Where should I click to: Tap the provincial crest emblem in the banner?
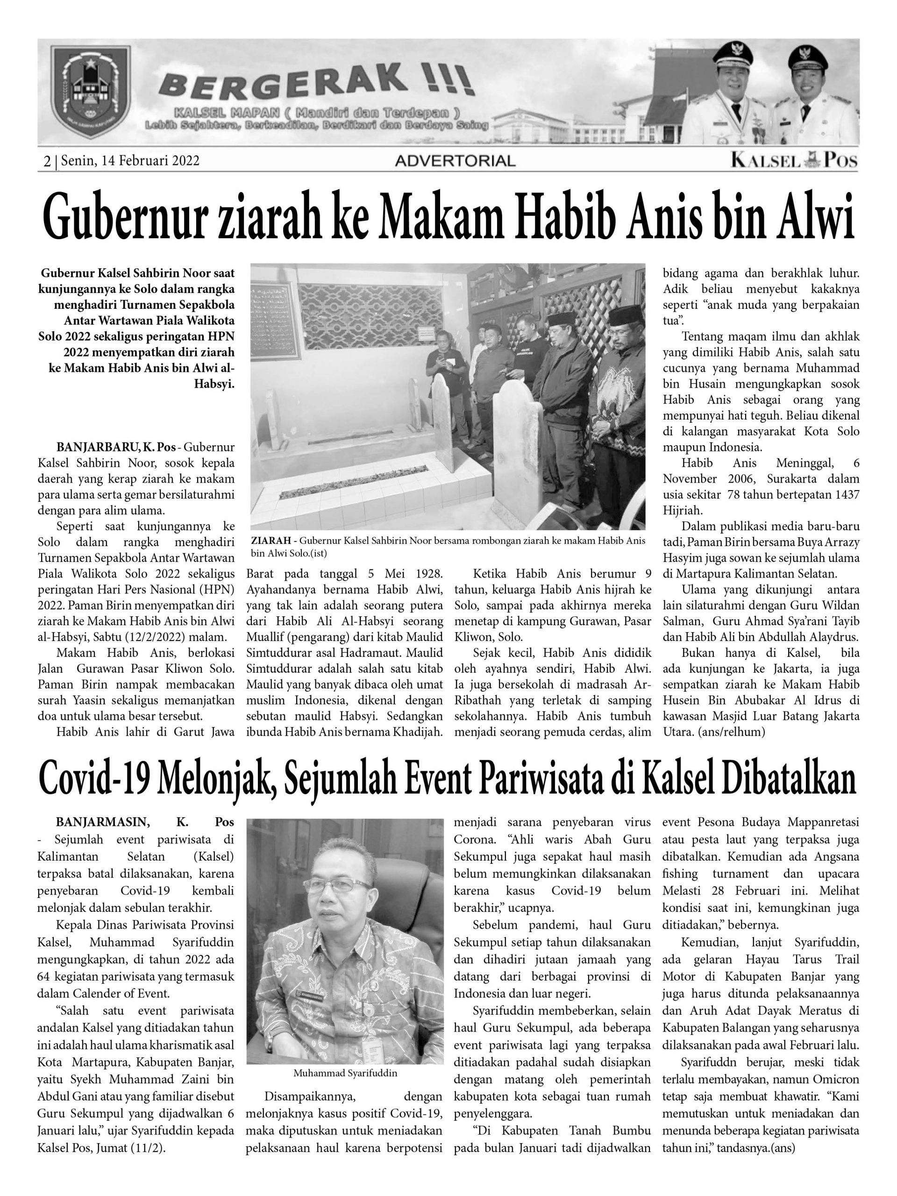90,93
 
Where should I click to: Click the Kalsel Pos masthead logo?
794,161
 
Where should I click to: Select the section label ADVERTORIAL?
455,161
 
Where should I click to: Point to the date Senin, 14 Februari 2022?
130,161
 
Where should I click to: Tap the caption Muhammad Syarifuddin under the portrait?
345,1073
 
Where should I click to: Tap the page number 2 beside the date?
47,161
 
